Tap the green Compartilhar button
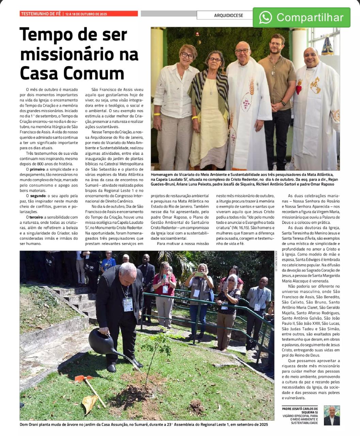click(301, 17)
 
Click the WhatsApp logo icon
click(265, 17)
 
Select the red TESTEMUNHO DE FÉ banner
click(79, 14)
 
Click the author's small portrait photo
click(332, 415)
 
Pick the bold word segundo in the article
click(38, 196)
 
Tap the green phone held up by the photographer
click(199, 274)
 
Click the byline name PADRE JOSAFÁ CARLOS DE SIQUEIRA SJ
click(300, 410)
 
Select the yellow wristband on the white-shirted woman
click(157, 114)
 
